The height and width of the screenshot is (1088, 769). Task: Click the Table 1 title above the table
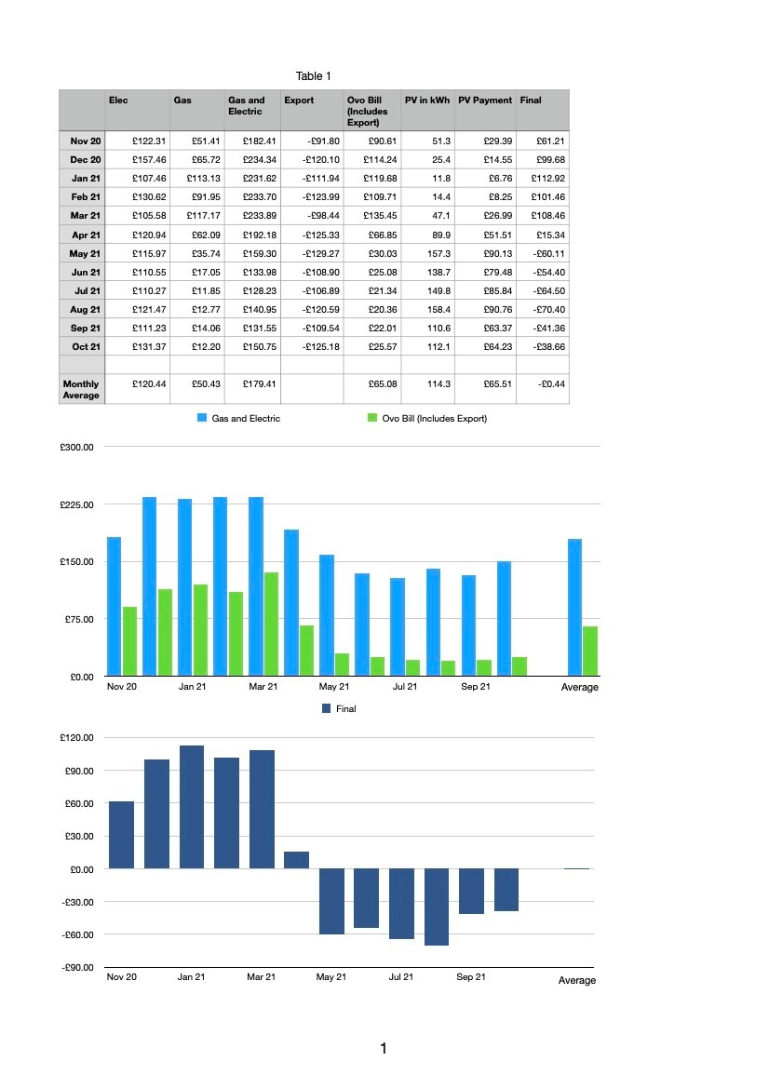pos(313,76)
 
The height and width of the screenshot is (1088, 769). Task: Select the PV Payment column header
pos(485,100)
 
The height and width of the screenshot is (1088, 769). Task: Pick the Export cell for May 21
pos(320,254)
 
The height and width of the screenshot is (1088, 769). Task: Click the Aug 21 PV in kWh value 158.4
pos(438,310)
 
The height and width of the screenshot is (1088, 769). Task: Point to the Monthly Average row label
pos(81,389)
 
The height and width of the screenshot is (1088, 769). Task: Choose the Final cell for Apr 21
pos(550,235)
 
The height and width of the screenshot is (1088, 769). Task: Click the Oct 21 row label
pos(86,347)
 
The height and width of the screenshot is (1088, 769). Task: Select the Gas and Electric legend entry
pos(238,419)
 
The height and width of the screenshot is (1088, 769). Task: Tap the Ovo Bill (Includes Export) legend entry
pos(426,419)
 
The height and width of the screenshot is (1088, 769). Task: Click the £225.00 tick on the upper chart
pos(76,504)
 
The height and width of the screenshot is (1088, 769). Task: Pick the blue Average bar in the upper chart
pos(574,607)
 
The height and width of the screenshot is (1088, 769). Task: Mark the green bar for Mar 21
pos(271,624)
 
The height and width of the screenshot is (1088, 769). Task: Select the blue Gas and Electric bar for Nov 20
pos(114,607)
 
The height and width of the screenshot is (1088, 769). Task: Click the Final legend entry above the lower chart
pos(339,708)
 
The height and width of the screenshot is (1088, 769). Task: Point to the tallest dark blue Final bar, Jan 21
pos(192,807)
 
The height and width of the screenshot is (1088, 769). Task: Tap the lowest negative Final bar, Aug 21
pos(437,907)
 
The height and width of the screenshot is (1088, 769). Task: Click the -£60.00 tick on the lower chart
pos(77,934)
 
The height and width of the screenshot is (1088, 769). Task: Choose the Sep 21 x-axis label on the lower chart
pos(471,977)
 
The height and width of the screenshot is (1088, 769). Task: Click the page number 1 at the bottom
pos(384,1049)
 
